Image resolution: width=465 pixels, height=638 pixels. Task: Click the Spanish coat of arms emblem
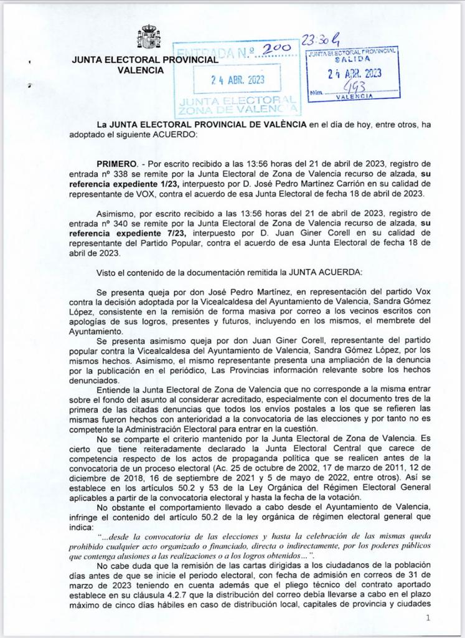(x=149, y=39)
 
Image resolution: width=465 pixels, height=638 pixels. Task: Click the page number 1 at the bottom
(x=428, y=617)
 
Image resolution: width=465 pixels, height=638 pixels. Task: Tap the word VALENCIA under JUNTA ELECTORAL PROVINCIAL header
(x=141, y=70)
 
